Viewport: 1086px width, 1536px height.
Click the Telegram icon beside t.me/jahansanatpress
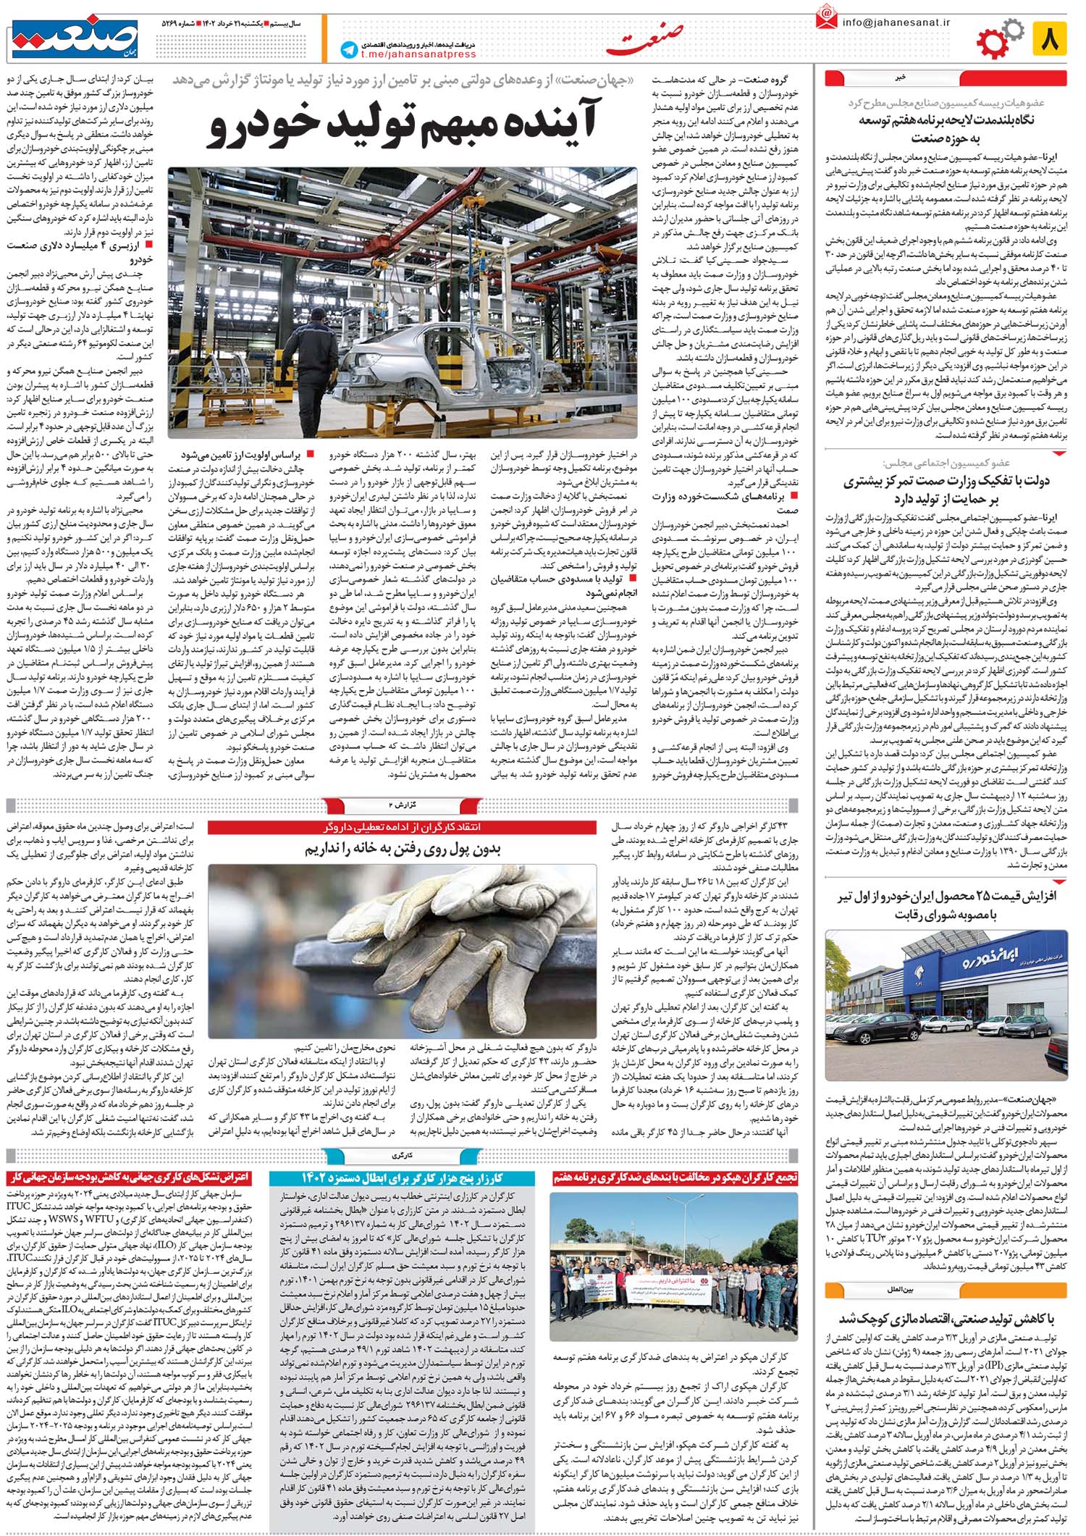coord(349,49)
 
